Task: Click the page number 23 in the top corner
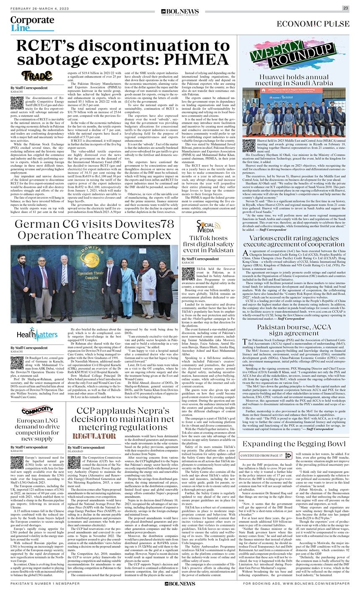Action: tap(346, 8)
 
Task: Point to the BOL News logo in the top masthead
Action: tap(181, 8)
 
